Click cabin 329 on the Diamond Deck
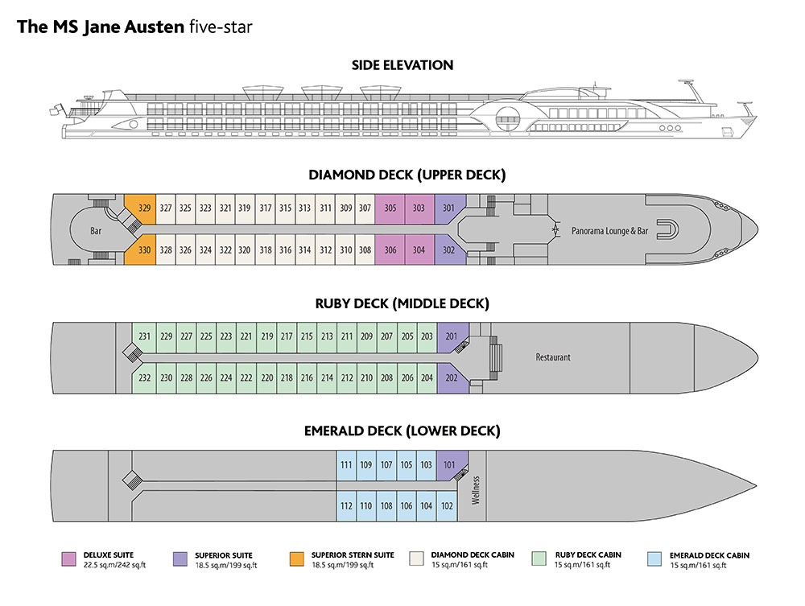145,208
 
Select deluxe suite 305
390,208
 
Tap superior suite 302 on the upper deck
448,250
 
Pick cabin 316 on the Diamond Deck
285,250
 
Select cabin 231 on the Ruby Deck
145,336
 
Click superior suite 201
451,336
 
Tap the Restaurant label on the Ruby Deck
553,357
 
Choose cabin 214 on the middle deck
327,378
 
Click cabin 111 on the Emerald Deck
346,465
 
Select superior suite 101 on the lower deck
449,465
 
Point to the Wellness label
476,489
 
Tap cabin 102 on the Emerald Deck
448,506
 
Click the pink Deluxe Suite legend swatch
68,558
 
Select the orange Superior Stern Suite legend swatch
296,558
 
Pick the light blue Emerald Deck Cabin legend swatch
654,558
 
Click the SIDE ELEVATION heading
402,65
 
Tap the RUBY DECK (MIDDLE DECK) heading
402,303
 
